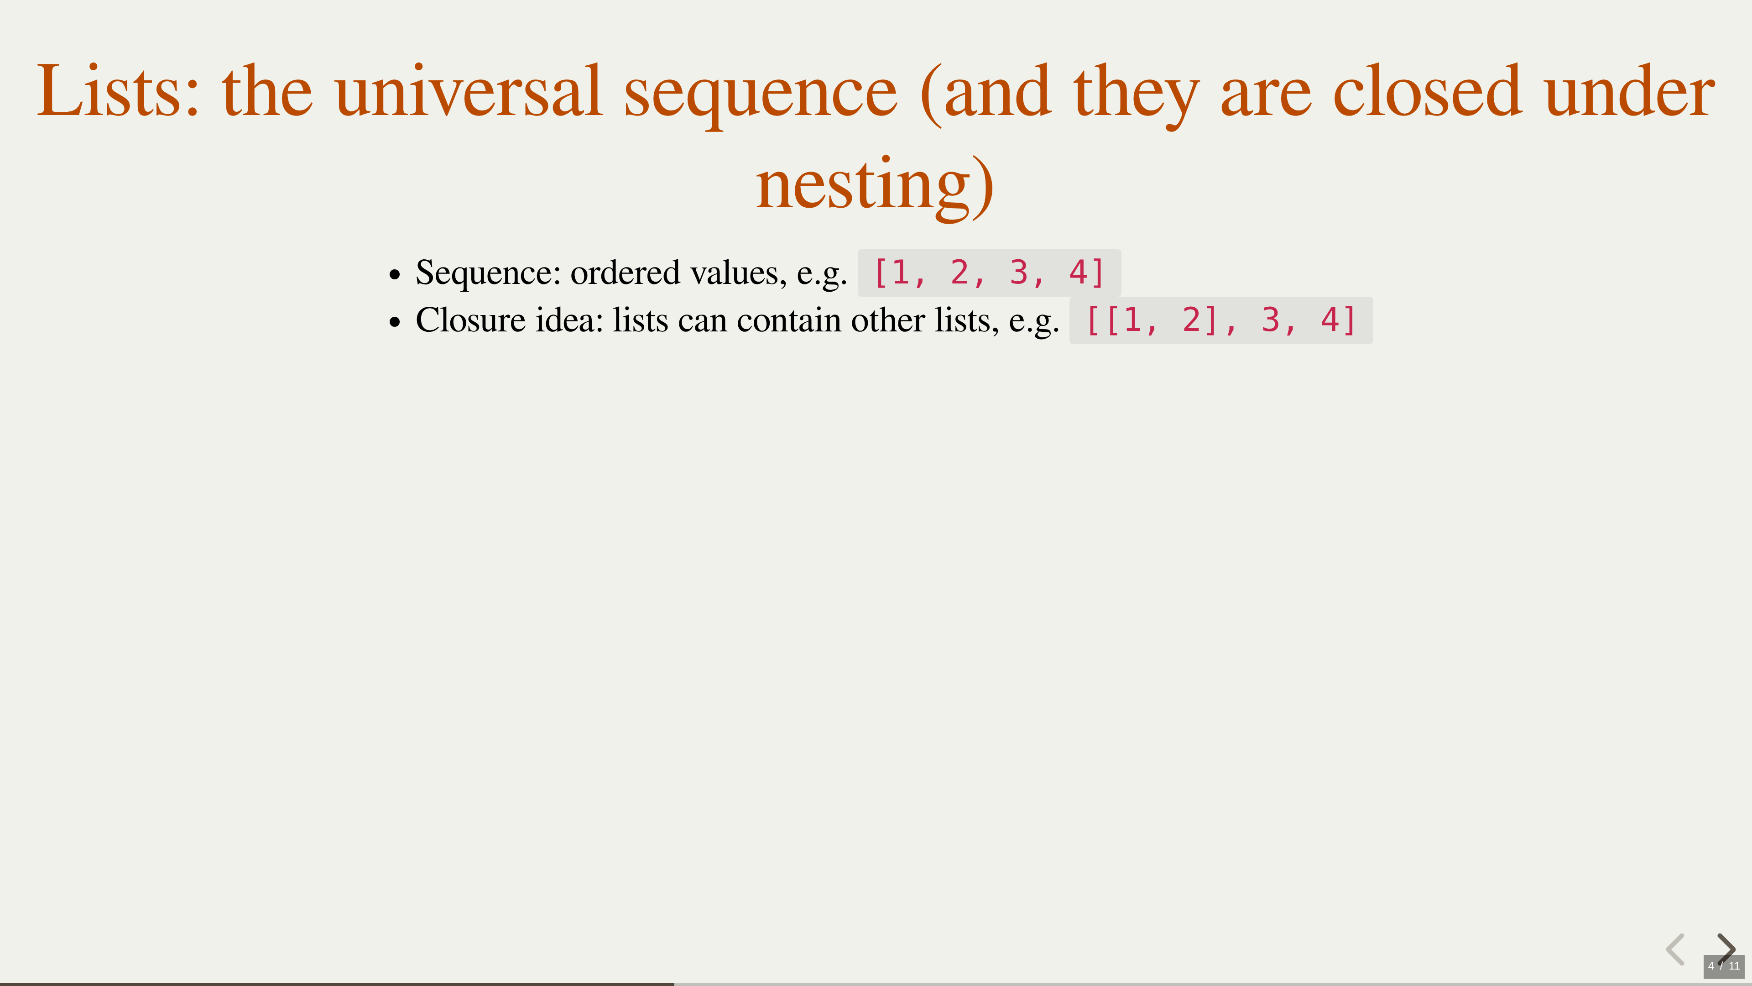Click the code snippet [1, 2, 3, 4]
(x=989, y=273)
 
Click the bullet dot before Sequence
(x=395, y=275)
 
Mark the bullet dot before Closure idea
(x=395, y=323)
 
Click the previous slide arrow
(x=1675, y=949)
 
